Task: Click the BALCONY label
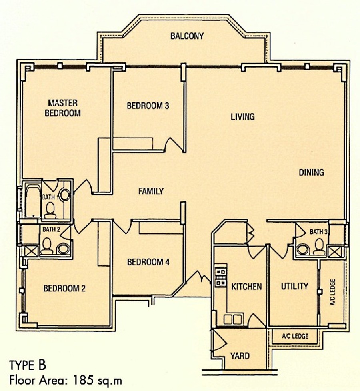pos(187,36)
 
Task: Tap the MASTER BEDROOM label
pos(63,108)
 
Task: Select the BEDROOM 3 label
pos(148,106)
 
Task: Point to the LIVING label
pos(242,117)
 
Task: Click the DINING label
pos(311,172)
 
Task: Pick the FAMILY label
pos(151,192)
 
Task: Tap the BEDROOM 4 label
pos(148,262)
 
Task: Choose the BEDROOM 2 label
pos(64,289)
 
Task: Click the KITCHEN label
pos(246,287)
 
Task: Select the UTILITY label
pos(294,286)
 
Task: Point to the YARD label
pos(240,356)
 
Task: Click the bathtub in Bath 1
pos(33,201)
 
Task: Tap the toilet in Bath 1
pos(50,211)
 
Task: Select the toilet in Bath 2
pos(47,246)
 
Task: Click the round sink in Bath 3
pos(303,249)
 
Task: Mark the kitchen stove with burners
pos(221,276)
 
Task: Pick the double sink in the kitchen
pos(233,319)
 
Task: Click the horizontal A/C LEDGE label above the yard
pos(295,336)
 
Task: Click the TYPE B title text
pos(28,365)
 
